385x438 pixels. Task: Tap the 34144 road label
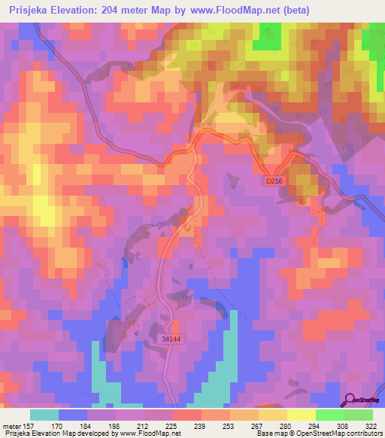pyautogui.click(x=171, y=340)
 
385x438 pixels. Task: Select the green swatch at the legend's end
pyautogui.click(x=358, y=415)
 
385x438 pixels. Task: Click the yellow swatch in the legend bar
pyautogui.click(x=301, y=415)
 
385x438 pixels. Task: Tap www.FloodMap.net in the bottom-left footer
pyautogui.click(x=153, y=433)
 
